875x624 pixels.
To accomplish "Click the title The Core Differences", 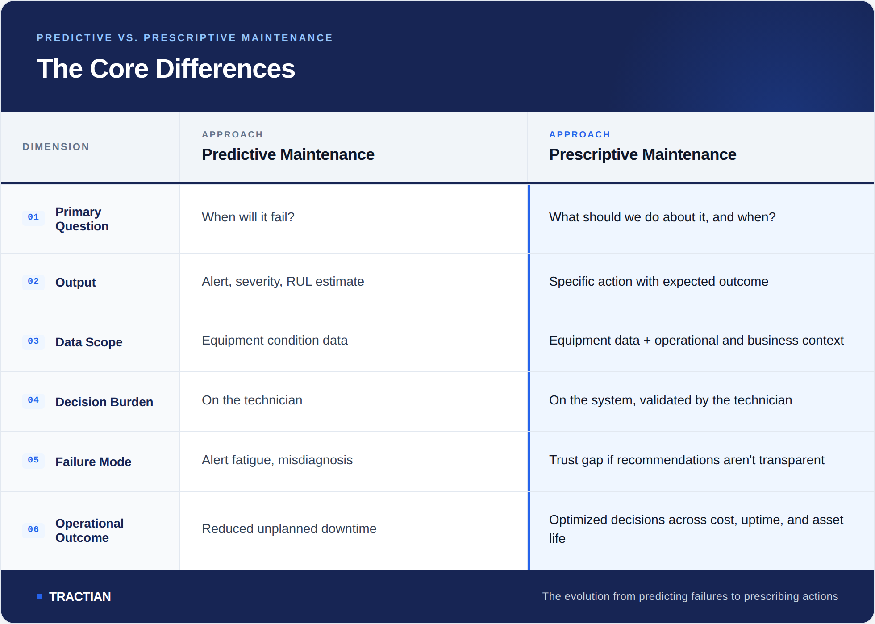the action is coord(166,69).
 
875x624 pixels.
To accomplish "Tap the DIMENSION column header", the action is coord(56,147).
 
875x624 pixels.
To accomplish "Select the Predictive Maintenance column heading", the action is coord(288,154).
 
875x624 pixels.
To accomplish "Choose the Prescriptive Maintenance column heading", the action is coord(642,154).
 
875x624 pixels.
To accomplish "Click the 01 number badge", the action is coord(33,217).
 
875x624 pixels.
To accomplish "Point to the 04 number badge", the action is coord(33,400).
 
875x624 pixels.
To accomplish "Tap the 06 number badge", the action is coord(33,530).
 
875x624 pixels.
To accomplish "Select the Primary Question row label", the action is coord(82,219).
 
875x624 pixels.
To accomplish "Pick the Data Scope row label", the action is coord(89,342).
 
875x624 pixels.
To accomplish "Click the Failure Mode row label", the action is coord(93,462).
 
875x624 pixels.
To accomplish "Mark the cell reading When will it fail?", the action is coord(248,217).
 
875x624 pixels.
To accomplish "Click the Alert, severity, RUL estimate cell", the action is coord(283,281).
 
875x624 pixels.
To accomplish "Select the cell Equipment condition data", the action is coord(275,340).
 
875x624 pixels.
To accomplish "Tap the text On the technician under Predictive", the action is coord(252,400).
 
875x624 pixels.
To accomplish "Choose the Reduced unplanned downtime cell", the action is coord(289,528).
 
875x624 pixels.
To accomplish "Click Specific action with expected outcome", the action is coord(658,281).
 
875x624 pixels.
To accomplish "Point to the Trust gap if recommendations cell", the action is coord(687,460).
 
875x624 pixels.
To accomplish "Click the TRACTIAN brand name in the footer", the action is coord(80,596).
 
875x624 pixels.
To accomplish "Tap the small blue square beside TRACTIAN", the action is coord(39,596).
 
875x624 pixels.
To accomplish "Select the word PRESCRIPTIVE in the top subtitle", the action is coord(190,38).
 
